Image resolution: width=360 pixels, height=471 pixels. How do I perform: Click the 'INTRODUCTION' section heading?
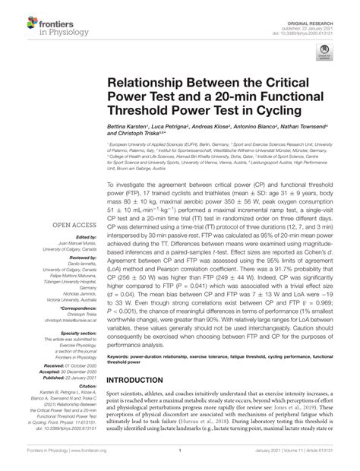click(x=150, y=381)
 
